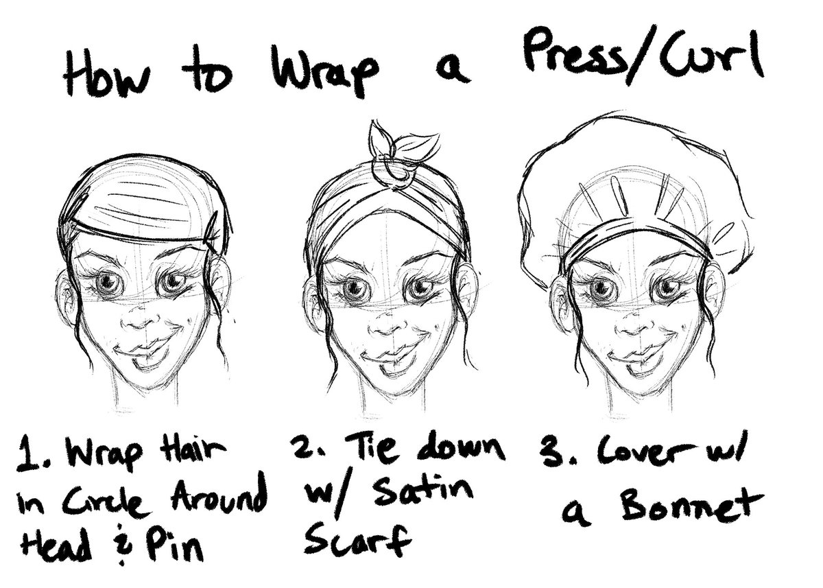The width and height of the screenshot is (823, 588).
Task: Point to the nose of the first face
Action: click(140, 320)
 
